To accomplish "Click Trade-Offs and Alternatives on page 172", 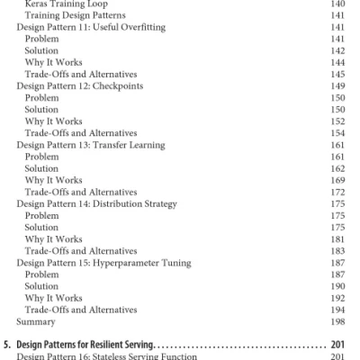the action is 81,192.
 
